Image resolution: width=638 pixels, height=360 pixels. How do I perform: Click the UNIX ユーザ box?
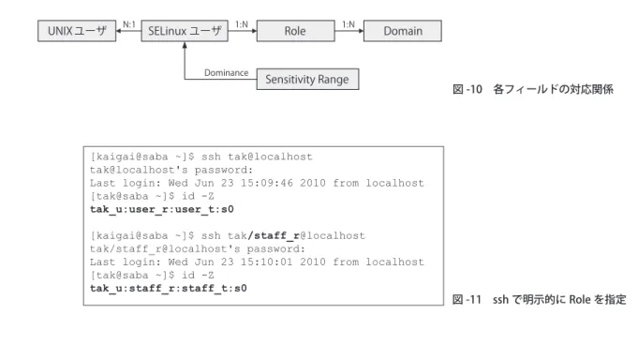(77, 31)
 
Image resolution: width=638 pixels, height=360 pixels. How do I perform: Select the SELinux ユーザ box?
(185, 31)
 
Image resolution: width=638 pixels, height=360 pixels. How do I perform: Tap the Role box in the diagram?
(296, 31)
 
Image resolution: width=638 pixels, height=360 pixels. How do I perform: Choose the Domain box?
(403, 31)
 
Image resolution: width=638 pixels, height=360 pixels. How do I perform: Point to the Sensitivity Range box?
(307, 79)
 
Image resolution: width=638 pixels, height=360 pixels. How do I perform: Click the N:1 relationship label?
(129, 24)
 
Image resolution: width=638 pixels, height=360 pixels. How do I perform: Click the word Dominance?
(226, 73)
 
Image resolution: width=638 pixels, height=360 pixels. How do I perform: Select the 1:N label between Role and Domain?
(349, 24)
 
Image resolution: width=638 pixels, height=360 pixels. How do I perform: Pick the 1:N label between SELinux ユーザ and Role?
(242, 24)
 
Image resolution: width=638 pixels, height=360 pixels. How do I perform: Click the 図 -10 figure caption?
(533, 89)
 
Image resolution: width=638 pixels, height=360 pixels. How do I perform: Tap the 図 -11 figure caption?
(540, 300)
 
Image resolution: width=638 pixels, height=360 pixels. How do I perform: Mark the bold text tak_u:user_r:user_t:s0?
(162, 209)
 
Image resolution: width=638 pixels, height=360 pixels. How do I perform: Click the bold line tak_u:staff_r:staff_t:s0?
(169, 289)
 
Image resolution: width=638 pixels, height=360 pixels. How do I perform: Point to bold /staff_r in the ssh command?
(274, 236)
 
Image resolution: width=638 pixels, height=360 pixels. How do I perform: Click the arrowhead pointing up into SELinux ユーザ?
(185, 45)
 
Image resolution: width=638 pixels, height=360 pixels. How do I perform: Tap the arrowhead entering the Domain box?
(361, 31)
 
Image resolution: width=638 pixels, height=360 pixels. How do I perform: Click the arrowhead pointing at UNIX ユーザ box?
(119, 31)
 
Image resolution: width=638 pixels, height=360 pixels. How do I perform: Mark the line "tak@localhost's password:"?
(171, 170)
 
